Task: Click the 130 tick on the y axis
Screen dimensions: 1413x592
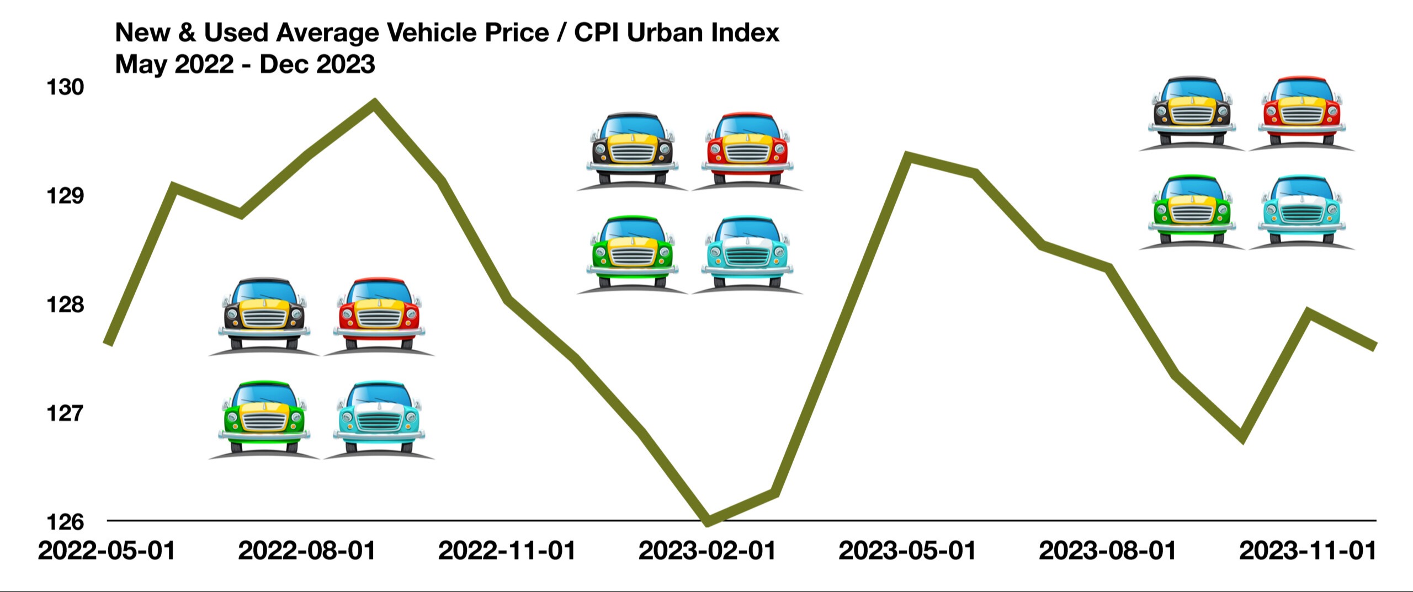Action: pyautogui.click(x=65, y=87)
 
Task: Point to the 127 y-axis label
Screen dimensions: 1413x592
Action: pyautogui.click(x=65, y=413)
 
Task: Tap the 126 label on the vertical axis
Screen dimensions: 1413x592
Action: pyautogui.click(x=65, y=522)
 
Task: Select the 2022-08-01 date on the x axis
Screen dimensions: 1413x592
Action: pyautogui.click(x=307, y=551)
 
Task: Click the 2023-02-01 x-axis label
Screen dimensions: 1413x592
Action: pyautogui.click(x=707, y=551)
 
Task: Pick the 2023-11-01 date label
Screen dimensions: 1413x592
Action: pyautogui.click(x=1308, y=551)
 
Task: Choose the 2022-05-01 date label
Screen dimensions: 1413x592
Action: pyautogui.click(x=107, y=551)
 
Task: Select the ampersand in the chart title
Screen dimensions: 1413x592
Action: pyautogui.click(x=187, y=33)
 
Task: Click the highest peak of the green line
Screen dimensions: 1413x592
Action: pyautogui.click(x=375, y=103)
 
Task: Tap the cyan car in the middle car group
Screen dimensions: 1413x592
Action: pyautogui.click(x=746, y=254)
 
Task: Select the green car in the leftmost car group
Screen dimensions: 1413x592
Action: pyautogui.click(x=264, y=419)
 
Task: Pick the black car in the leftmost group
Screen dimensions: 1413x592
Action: pyautogui.click(x=264, y=316)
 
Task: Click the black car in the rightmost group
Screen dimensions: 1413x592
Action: pyautogui.click(x=1192, y=114)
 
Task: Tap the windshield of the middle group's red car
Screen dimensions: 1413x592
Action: pyautogui.click(x=747, y=129)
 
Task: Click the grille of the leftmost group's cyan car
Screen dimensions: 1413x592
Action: pyautogui.click(x=379, y=422)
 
